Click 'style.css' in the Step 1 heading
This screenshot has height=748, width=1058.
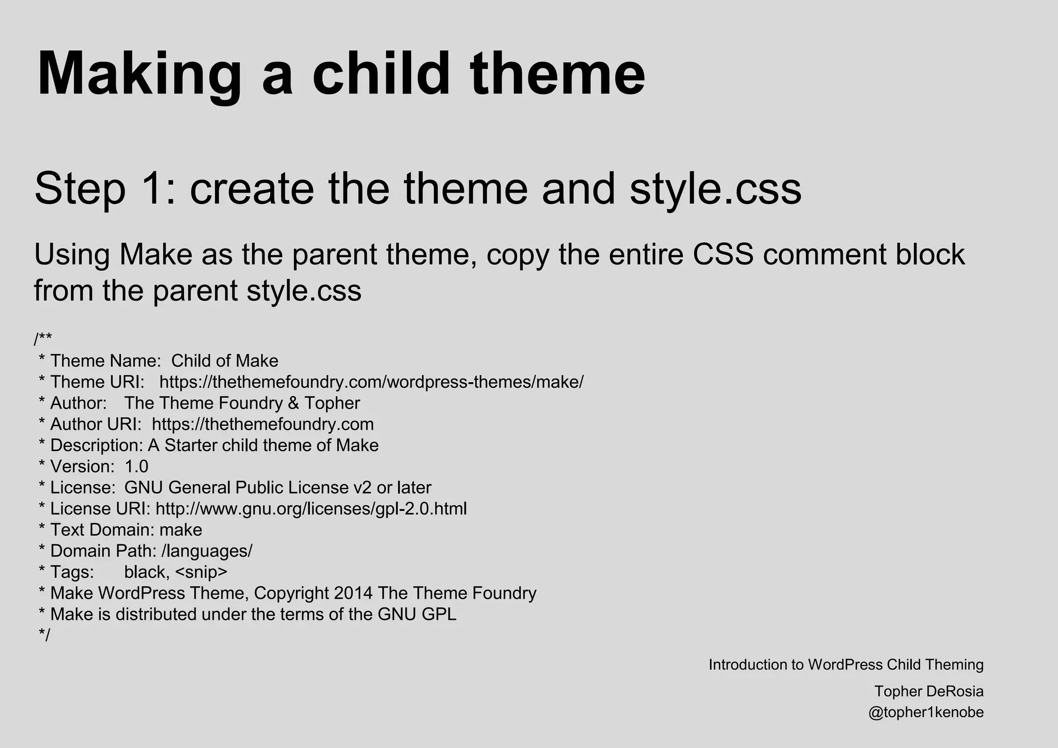[715, 189]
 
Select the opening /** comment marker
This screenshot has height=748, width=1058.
[43, 339]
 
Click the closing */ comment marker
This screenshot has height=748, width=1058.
[44, 635]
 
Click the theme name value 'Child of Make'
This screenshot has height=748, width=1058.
[225, 361]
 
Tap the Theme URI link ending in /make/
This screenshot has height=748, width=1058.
[371, 382]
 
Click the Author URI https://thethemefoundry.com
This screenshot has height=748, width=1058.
[262, 425]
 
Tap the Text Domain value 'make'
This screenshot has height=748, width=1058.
[181, 530]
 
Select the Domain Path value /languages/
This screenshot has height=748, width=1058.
[207, 551]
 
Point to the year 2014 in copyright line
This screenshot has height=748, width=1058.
[353, 594]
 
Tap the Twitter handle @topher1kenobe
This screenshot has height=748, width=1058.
[926, 712]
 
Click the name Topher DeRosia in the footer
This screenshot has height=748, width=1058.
[928, 691]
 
